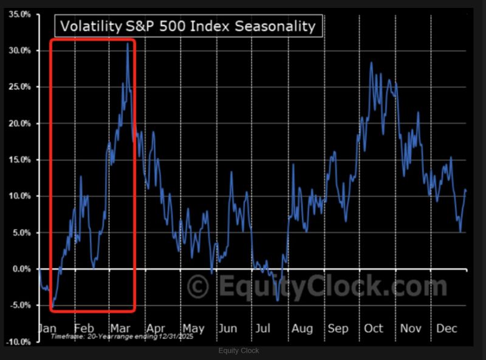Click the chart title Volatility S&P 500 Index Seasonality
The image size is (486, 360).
click(187, 26)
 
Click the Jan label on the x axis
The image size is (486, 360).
click(47, 328)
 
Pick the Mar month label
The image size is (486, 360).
click(121, 328)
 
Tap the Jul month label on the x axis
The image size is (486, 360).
click(262, 328)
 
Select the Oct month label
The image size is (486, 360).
click(374, 328)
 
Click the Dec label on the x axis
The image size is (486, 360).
click(447, 328)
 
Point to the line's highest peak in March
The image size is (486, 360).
click(128, 43)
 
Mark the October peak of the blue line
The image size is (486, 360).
click(371, 63)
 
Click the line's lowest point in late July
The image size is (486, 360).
click(278, 300)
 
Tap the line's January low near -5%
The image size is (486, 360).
click(53, 306)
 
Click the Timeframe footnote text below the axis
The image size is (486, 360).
click(122, 336)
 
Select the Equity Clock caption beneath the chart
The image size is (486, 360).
click(239, 351)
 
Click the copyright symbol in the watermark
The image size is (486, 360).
click(198, 286)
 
